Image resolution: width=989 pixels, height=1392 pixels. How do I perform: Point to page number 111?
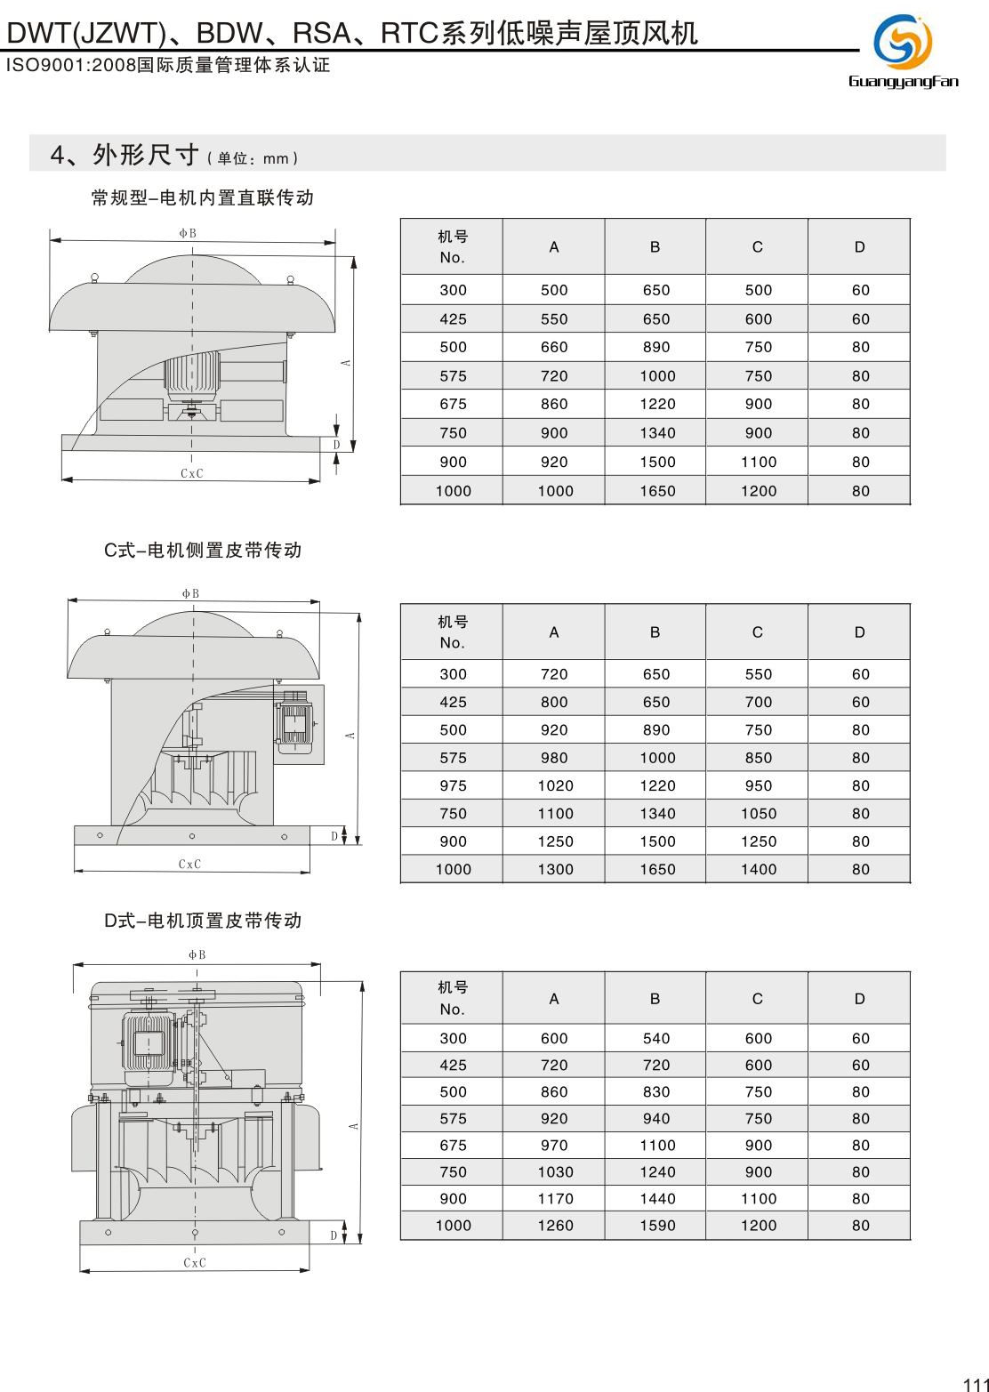(x=976, y=1383)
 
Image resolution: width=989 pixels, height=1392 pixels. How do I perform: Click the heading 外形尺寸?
(x=146, y=155)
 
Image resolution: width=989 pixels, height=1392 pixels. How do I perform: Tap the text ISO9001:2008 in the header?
(x=70, y=65)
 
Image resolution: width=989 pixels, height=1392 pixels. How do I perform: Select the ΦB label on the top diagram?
(x=188, y=233)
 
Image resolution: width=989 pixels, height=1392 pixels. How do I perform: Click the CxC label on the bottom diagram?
(x=195, y=1262)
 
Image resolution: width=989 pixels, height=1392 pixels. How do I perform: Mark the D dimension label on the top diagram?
(x=337, y=445)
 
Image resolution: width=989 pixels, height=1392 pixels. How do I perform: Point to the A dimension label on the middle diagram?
(x=351, y=736)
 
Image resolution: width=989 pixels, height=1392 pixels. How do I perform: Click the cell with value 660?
(x=554, y=347)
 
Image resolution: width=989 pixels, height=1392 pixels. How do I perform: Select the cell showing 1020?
(x=555, y=785)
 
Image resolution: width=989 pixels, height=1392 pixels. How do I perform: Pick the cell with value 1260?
(x=555, y=1225)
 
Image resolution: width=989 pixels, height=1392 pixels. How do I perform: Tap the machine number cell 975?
(x=453, y=785)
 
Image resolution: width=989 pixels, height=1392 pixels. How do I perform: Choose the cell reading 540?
(x=656, y=1038)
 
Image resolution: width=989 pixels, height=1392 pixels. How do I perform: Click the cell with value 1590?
(x=657, y=1225)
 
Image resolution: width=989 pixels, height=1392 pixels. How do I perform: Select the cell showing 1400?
(x=759, y=869)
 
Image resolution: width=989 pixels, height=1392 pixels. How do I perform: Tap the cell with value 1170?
(x=555, y=1198)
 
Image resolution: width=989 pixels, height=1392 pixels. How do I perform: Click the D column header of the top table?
(x=859, y=246)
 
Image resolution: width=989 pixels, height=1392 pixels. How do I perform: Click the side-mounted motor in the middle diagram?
(x=293, y=720)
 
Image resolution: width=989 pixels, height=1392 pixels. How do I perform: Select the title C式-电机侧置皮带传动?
(x=203, y=551)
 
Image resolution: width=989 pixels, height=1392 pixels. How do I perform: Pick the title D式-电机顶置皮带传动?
(x=203, y=921)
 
